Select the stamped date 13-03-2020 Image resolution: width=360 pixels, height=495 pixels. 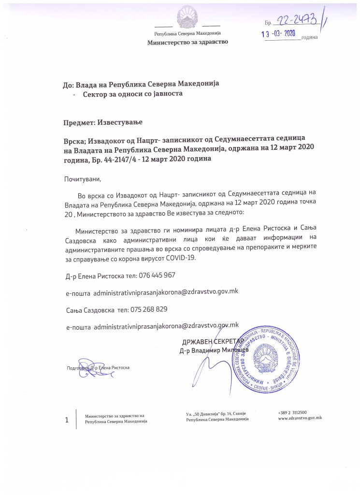click(278, 34)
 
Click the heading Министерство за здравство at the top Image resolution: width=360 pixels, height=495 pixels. click(187, 42)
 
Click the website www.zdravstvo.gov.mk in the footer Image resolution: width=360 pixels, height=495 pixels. click(300, 418)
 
